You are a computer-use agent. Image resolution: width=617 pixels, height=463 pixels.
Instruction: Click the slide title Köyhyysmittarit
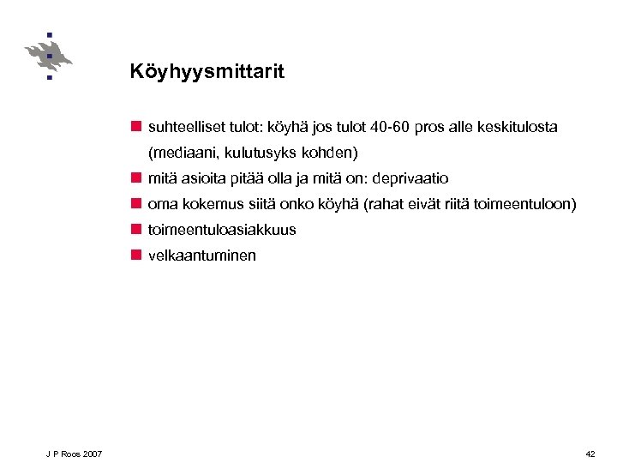(207, 72)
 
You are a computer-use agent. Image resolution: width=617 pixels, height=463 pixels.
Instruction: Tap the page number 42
(590, 454)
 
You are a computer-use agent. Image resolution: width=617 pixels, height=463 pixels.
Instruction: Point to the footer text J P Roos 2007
(75, 454)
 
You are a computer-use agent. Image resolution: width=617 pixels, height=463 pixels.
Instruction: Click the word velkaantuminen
(201, 256)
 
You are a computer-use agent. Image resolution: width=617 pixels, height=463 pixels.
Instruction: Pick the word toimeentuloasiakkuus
(222, 230)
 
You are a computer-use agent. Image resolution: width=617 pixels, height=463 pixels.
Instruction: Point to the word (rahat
(387, 204)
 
